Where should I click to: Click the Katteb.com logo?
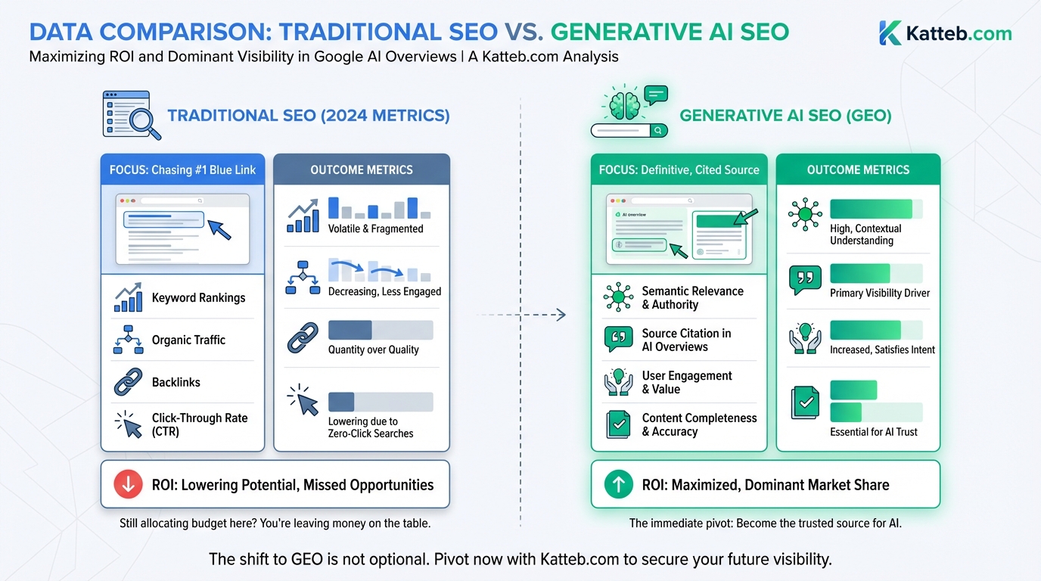pos(945,33)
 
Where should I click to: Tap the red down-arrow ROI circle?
pos(128,485)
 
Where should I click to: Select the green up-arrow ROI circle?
pos(618,485)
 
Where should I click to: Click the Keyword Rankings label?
pos(198,298)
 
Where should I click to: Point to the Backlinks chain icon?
pos(128,383)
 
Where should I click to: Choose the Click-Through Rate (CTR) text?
pos(200,424)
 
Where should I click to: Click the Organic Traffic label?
pos(188,340)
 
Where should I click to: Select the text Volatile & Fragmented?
pos(375,228)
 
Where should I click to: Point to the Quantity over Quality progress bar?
pos(381,330)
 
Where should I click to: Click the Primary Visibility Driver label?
pos(880,293)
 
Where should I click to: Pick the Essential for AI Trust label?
pos(874,432)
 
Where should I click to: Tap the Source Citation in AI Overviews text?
pos(686,340)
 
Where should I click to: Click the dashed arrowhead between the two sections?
pos(561,315)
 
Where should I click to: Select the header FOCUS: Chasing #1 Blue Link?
pos(182,169)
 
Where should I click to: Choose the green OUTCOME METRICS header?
pos(858,169)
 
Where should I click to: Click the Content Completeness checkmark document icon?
pos(618,424)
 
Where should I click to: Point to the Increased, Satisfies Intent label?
pos(882,350)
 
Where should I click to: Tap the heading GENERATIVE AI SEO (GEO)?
pos(785,116)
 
